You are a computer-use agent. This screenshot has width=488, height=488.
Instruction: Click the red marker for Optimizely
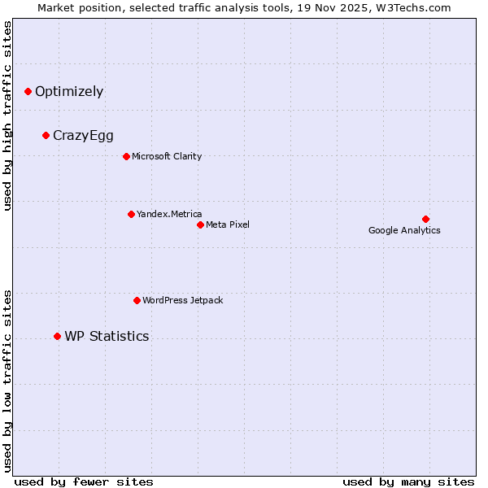pos(28,92)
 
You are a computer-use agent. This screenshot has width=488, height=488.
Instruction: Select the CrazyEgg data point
pos(46,136)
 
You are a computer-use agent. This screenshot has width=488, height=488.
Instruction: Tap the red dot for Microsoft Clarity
pos(126,157)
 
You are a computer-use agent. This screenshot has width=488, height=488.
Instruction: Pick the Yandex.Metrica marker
pos(131,215)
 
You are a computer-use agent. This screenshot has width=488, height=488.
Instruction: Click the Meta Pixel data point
pos(200,224)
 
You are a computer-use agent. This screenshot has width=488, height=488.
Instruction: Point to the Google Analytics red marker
pos(425,219)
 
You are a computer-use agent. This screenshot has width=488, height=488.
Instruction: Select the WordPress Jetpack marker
pos(137,301)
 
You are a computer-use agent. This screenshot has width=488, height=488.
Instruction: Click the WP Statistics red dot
pos(57,337)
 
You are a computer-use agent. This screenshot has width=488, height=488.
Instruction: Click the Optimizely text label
pos(69,92)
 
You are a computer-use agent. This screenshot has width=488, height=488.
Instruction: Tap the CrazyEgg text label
pos(83,136)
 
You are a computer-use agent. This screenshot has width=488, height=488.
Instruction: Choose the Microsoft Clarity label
pos(167,157)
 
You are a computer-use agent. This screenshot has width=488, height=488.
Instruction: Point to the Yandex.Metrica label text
pos(169,215)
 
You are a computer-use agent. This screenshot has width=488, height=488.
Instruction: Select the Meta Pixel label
pos(228,224)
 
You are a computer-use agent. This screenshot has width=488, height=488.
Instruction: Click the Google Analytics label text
pos(404,231)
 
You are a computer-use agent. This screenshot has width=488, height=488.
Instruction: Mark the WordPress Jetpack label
pos(182,301)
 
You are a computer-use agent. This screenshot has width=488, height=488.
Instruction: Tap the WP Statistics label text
pos(107,337)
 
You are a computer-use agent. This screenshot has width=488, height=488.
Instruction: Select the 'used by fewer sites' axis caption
pos(84,481)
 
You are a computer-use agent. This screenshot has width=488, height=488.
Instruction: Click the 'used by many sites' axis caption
pos(407,481)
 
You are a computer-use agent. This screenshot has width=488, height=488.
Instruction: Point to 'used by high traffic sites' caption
pos(8,116)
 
